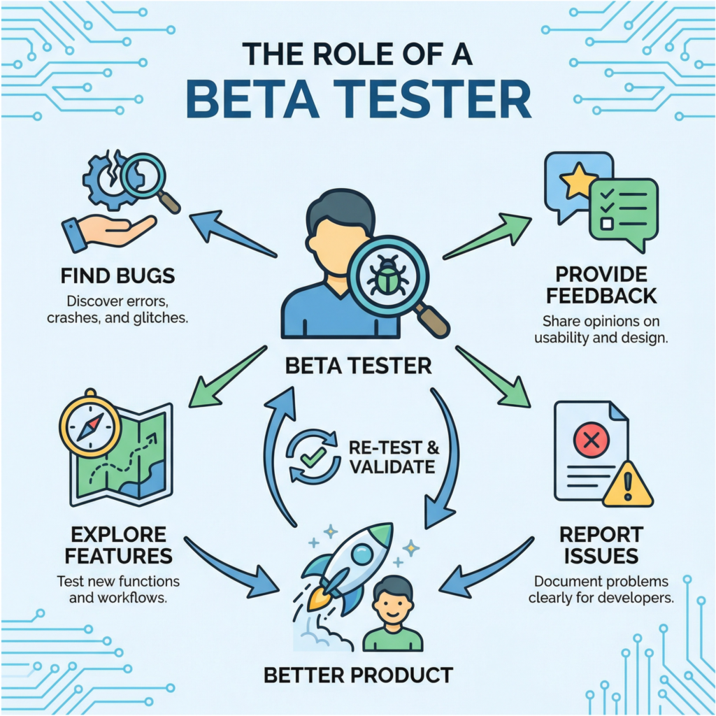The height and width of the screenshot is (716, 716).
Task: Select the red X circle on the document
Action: point(591,441)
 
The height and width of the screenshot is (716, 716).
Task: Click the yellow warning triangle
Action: point(627,483)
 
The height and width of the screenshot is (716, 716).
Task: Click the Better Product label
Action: point(358,675)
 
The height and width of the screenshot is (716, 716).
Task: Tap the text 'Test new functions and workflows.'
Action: point(117,588)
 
